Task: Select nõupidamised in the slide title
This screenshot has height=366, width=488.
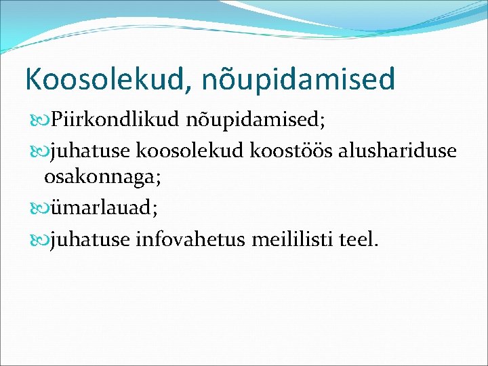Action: (x=298, y=79)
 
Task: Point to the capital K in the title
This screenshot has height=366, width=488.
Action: (x=33, y=79)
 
